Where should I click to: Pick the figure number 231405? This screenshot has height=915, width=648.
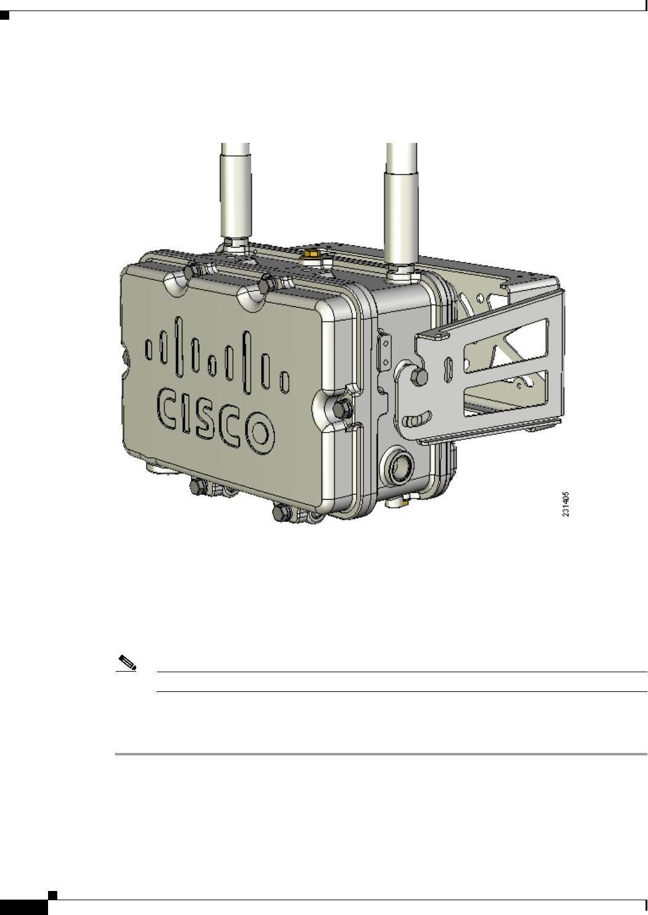(x=565, y=504)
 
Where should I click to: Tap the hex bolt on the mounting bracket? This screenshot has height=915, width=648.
(x=419, y=377)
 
